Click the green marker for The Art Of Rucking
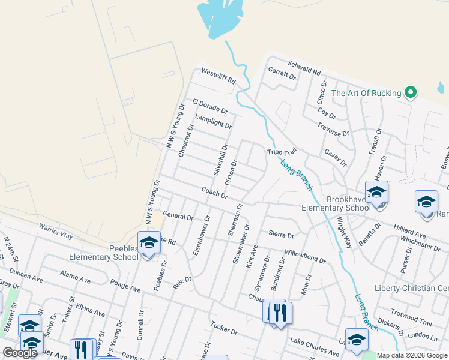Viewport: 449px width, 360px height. tap(411, 93)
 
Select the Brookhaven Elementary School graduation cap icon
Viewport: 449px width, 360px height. tap(376, 193)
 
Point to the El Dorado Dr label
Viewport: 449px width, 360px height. tap(210, 107)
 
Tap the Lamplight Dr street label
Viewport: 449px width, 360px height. tap(212, 120)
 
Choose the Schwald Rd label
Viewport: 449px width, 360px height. tap(304, 67)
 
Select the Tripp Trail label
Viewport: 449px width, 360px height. tap(282, 152)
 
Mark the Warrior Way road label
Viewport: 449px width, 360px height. tap(56, 231)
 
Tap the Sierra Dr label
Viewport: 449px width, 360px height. tap(280, 234)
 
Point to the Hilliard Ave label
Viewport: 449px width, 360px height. tap(409, 231)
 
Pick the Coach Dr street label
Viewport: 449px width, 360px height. tap(214, 193)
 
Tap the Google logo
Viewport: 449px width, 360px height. tap(20, 353)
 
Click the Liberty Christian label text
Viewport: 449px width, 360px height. tap(411, 288)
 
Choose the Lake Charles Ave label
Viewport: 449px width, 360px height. tap(315, 346)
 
